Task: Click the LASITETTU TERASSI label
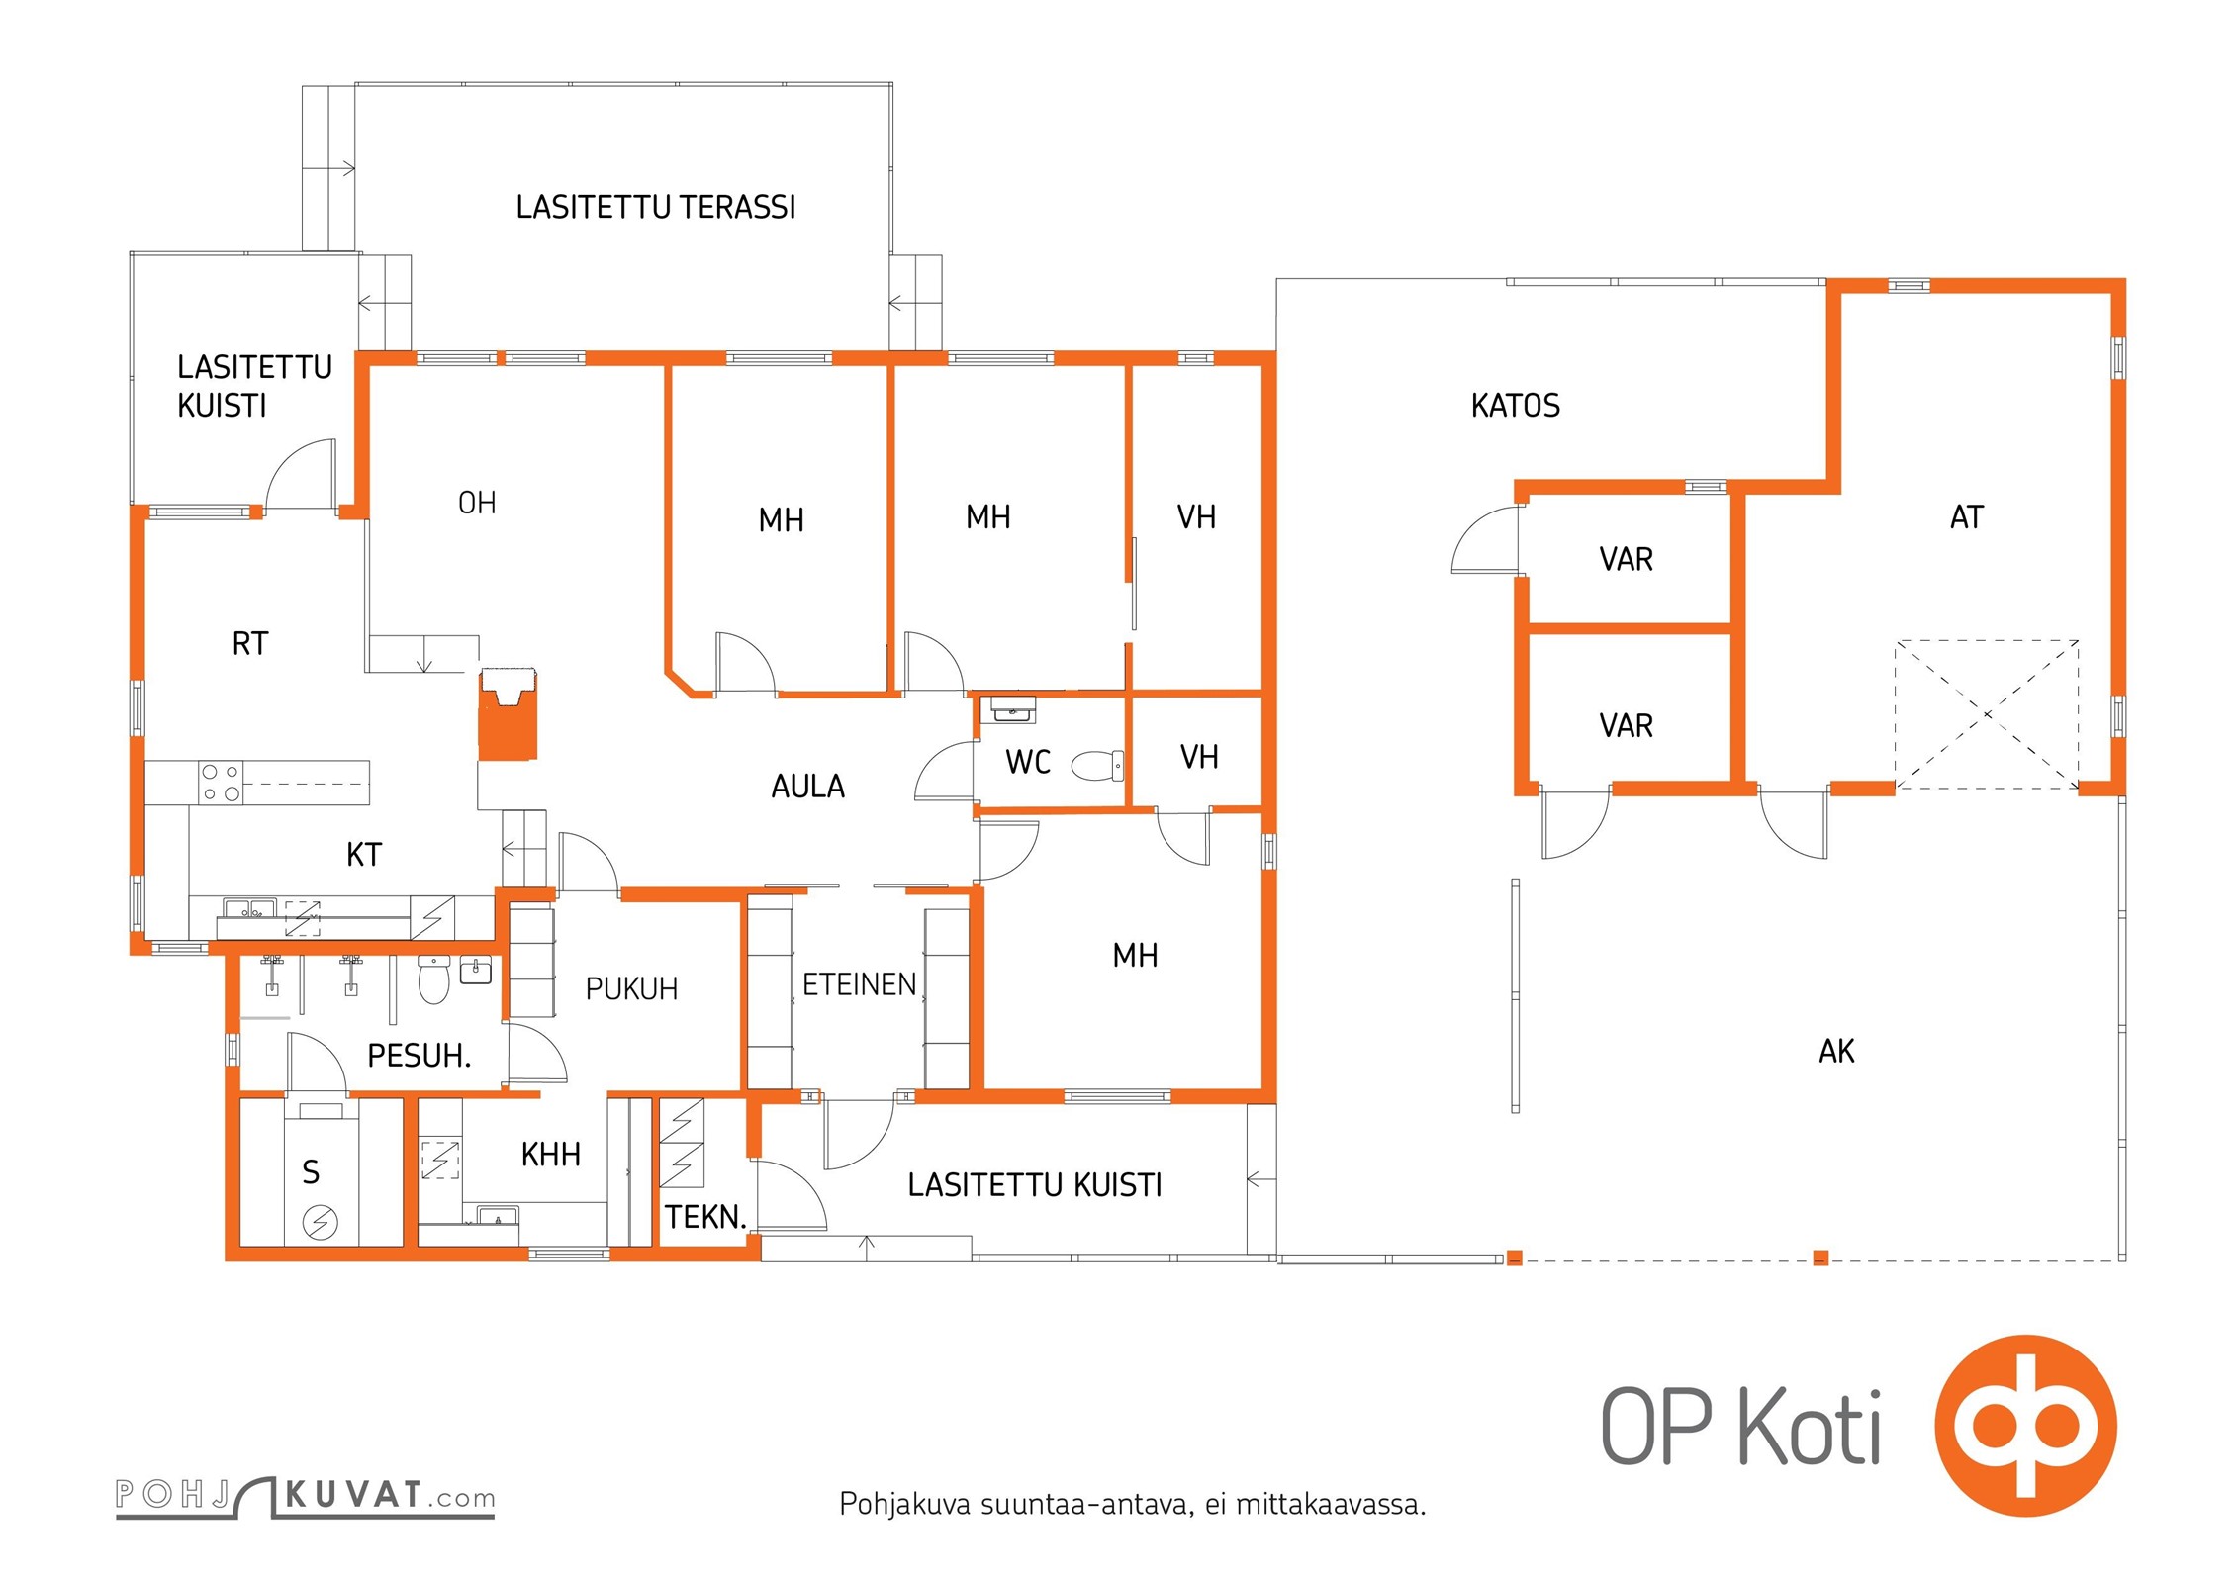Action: point(656,207)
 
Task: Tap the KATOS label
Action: point(1515,406)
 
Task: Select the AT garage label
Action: point(1967,517)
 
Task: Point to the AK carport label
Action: point(1836,1051)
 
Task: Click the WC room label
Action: point(1028,762)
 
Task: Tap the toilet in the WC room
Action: point(1097,765)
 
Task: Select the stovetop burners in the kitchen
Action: point(221,783)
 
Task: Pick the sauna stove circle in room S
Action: point(320,1223)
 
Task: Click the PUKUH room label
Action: point(631,989)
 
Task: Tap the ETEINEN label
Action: point(859,984)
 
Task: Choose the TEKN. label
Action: point(704,1216)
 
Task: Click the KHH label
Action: point(551,1155)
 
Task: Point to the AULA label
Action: point(808,787)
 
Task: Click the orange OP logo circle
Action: point(2025,1426)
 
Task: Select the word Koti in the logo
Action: point(1810,1426)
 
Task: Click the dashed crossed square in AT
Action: point(1987,714)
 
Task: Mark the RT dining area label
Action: point(250,644)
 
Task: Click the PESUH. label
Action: point(419,1056)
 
